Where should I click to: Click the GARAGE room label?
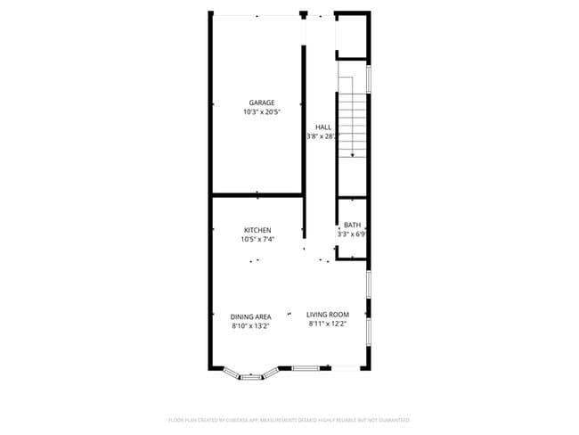[x=261, y=103]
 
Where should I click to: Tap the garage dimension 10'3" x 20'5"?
[x=261, y=112]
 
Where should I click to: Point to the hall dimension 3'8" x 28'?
[x=322, y=136]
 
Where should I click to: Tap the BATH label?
[x=353, y=225]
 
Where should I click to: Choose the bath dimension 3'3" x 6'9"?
[x=352, y=234]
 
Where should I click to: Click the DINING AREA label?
[x=251, y=316]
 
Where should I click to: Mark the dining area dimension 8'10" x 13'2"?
[x=251, y=325]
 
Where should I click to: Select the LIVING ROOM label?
[x=328, y=315]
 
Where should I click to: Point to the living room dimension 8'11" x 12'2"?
[x=328, y=324]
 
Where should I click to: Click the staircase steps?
[x=353, y=120]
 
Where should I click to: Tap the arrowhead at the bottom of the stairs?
[x=353, y=156]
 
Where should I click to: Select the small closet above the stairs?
[x=352, y=36]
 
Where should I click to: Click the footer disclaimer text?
[x=289, y=419]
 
